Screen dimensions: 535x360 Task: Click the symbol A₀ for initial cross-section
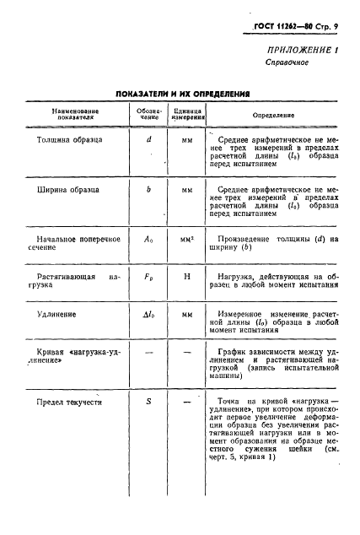point(148,240)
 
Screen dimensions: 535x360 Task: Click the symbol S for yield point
point(148,402)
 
